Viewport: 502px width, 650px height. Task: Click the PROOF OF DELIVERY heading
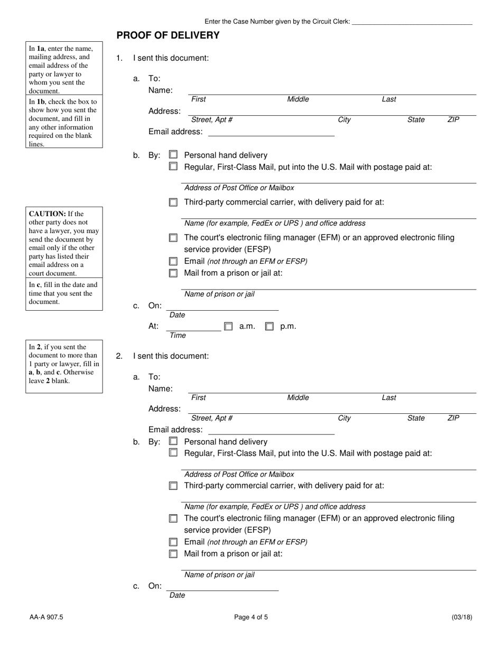pyautogui.click(x=168, y=35)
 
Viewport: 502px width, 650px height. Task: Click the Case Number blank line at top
pyautogui.click(x=412, y=22)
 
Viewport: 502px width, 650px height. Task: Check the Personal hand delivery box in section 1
pyautogui.click(x=173, y=155)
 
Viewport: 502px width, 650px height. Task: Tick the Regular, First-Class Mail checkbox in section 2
pyautogui.click(x=173, y=453)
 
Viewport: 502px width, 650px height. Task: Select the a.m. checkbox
pyautogui.click(x=228, y=327)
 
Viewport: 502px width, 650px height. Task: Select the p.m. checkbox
pyautogui.click(x=269, y=327)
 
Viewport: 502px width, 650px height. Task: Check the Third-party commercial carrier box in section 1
pyautogui.click(x=173, y=202)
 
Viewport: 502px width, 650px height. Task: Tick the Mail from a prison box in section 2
pyautogui.click(x=173, y=554)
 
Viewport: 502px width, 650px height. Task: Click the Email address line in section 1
pyautogui.click(x=271, y=132)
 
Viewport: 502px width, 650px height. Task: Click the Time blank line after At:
pyautogui.click(x=193, y=327)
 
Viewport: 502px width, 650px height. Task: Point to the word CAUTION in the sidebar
pyautogui.click(x=48, y=214)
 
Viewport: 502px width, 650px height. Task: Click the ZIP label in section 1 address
pyautogui.click(x=453, y=120)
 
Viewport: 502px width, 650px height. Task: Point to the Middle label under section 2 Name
pyautogui.click(x=298, y=397)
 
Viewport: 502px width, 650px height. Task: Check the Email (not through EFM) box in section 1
pyautogui.click(x=173, y=261)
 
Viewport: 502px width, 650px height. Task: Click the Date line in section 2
pyautogui.click(x=222, y=587)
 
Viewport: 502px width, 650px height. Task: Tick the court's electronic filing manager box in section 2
pyautogui.click(x=173, y=518)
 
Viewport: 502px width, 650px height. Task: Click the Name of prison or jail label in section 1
pyautogui.click(x=219, y=294)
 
